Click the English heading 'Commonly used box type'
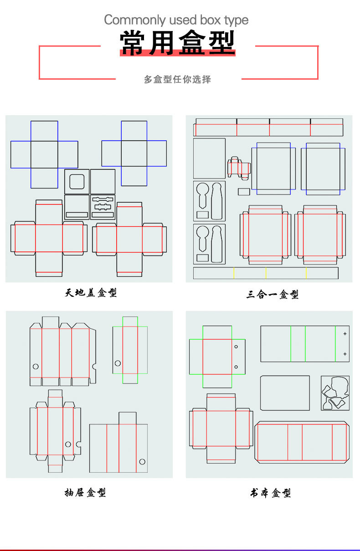click(176, 20)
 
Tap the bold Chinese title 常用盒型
click(177, 43)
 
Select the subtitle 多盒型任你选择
click(177, 79)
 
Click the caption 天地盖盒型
click(91, 293)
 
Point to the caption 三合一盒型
click(273, 295)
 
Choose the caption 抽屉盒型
click(85, 492)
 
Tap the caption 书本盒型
click(270, 493)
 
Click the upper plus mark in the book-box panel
click(345, 334)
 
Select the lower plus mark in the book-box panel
click(345, 354)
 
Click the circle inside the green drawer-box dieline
click(118, 363)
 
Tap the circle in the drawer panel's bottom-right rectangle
click(142, 462)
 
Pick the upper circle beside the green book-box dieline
click(236, 347)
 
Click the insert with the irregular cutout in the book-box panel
click(335, 393)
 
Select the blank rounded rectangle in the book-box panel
click(285, 393)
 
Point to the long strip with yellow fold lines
click(266, 273)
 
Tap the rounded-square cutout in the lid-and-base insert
click(77, 181)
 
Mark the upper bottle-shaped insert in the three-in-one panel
click(209, 201)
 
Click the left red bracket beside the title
click(40, 62)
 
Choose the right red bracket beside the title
click(317, 62)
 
